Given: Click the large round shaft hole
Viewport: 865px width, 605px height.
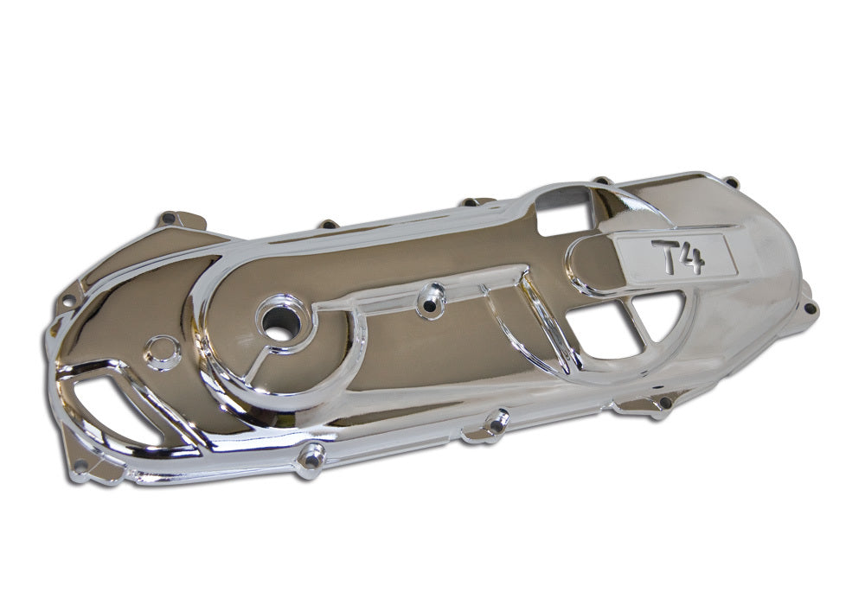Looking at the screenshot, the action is click(x=279, y=323).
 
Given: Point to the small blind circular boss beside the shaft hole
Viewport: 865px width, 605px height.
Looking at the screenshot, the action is click(x=163, y=351).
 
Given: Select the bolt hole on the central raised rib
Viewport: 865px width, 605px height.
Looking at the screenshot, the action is click(x=431, y=302).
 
